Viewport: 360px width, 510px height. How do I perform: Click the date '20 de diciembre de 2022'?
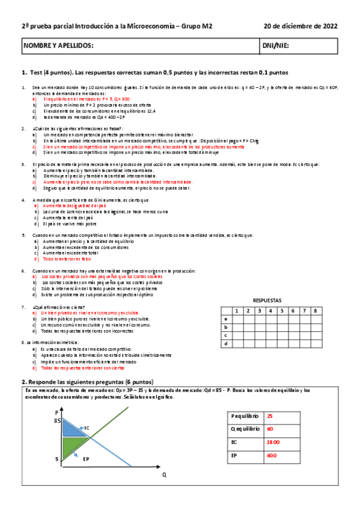click(301, 26)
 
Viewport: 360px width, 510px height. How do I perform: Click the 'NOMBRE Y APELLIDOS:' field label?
click(58, 46)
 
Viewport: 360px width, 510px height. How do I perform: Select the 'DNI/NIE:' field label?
click(276, 46)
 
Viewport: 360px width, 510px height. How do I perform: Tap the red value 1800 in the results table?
click(273, 443)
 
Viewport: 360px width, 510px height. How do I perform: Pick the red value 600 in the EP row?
click(272, 456)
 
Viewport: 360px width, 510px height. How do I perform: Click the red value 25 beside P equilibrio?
click(270, 416)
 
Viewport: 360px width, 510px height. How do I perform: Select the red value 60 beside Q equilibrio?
click(270, 429)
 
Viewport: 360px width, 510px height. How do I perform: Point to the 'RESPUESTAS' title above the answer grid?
click(267, 300)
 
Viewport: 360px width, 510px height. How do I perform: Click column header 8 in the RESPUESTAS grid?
click(315, 310)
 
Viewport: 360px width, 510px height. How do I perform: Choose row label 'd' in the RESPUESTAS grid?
click(226, 343)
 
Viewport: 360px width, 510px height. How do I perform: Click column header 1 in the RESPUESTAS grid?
click(237, 310)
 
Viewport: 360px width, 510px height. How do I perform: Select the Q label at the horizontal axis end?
click(163, 475)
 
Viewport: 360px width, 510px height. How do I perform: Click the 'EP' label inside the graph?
click(86, 459)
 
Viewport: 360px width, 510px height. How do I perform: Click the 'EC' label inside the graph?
click(87, 428)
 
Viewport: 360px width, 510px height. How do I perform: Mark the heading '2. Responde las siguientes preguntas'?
click(87, 382)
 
